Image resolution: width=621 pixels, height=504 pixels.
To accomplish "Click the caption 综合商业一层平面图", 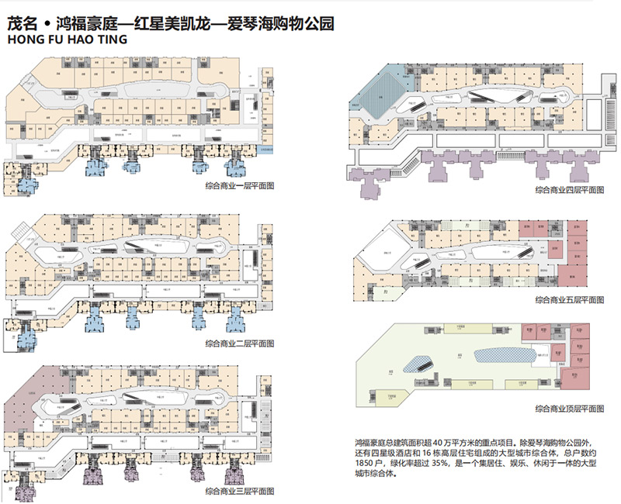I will [240, 186].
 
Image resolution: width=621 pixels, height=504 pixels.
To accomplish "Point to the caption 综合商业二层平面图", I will [240, 343].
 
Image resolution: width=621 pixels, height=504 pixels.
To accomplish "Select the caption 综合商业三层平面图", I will [240, 492].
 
